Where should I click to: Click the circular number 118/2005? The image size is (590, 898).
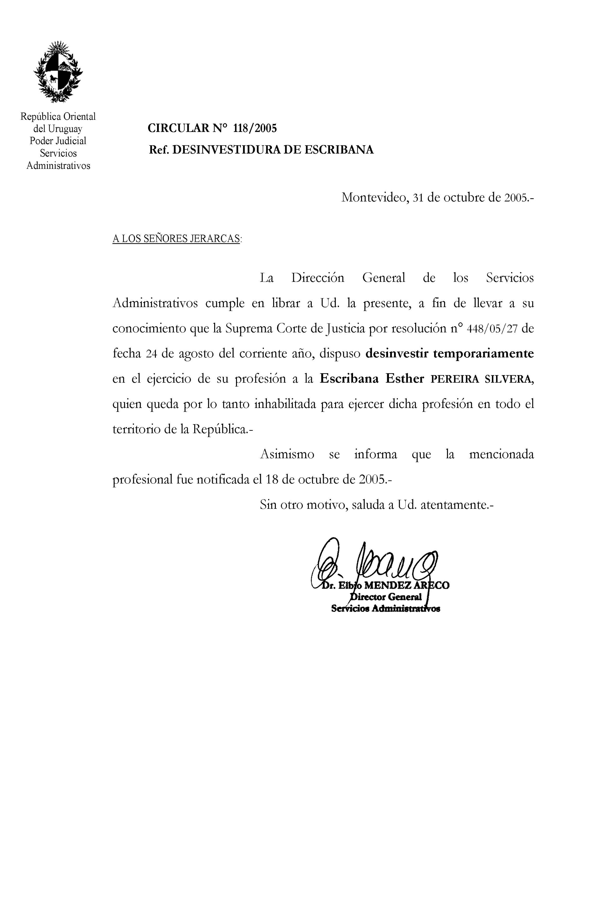click(x=255, y=129)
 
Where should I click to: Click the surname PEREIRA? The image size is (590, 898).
click(x=455, y=380)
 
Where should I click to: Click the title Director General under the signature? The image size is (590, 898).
click(x=386, y=597)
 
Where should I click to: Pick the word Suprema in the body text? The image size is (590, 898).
click(x=249, y=329)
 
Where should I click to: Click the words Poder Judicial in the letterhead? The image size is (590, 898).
click(x=58, y=141)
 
